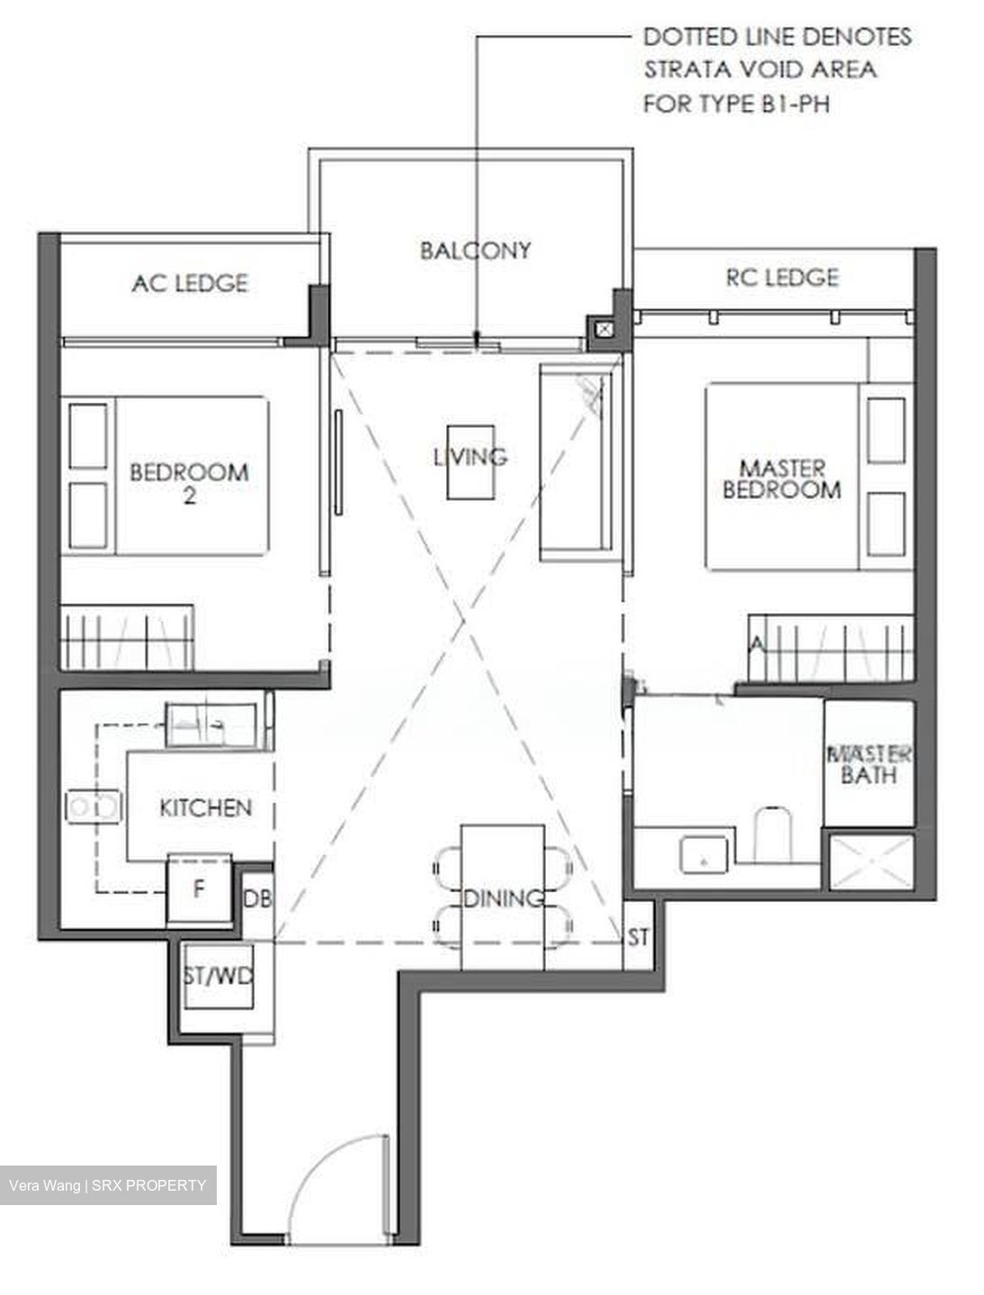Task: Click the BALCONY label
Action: pyautogui.click(x=475, y=251)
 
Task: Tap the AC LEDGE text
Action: pyautogui.click(x=190, y=283)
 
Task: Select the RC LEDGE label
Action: pyautogui.click(x=783, y=277)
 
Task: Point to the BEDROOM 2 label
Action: pyautogui.click(x=189, y=483)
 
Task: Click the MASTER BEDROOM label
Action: pyautogui.click(x=782, y=479)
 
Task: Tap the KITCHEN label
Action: pyautogui.click(x=205, y=808)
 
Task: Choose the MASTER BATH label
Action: pyautogui.click(x=869, y=764)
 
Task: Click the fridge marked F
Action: pyautogui.click(x=199, y=889)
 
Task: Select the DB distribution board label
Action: pyautogui.click(x=258, y=898)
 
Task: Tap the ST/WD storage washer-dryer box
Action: pyautogui.click(x=219, y=977)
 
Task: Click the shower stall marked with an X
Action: pyautogui.click(x=872, y=862)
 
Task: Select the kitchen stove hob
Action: pyautogui.click(x=94, y=807)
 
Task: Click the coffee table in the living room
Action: pyautogui.click(x=470, y=462)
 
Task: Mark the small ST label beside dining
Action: pyautogui.click(x=638, y=936)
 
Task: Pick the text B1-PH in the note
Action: pyautogui.click(x=792, y=104)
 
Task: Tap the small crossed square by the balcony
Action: pyautogui.click(x=604, y=329)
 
